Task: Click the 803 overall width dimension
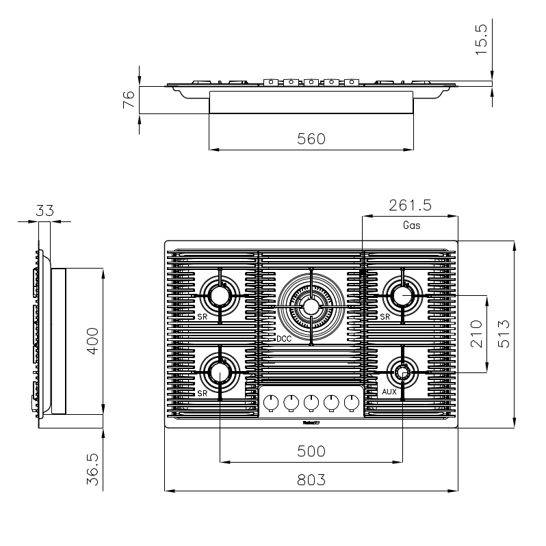pyautogui.click(x=311, y=480)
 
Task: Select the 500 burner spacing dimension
pyautogui.click(x=311, y=451)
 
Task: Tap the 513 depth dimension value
pyautogui.click(x=504, y=334)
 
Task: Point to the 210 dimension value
pyautogui.click(x=477, y=334)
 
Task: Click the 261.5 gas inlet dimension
pyautogui.click(x=411, y=205)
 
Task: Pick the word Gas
pyautogui.click(x=411, y=224)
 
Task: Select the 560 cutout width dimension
pyautogui.click(x=311, y=139)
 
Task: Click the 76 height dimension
pyautogui.click(x=128, y=100)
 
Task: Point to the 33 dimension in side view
pyautogui.click(x=44, y=210)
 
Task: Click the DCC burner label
pyautogui.click(x=285, y=339)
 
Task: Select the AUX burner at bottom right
pyautogui.click(x=402, y=372)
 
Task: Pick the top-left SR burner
pyautogui.click(x=220, y=295)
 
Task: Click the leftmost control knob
pyautogui.click(x=270, y=402)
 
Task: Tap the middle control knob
pyautogui.click(x=311, y=402)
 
